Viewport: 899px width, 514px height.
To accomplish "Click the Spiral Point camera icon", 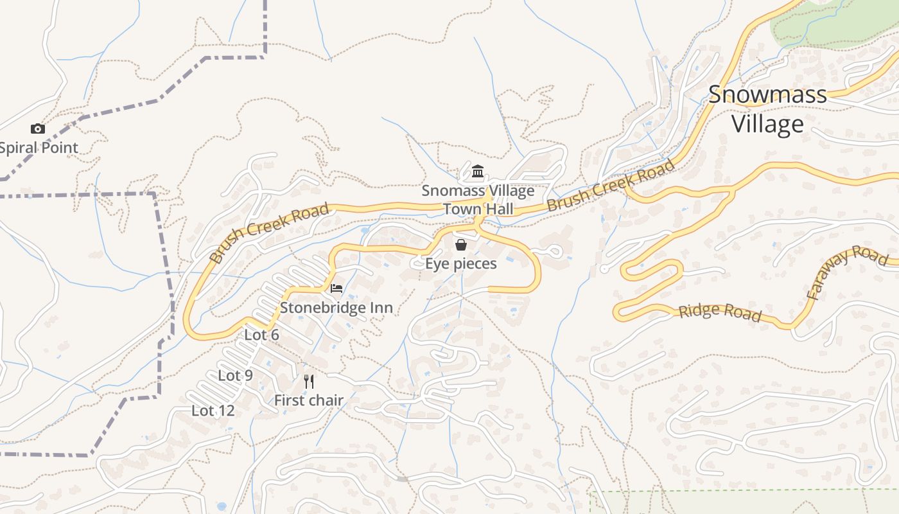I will click(x=38, y=129).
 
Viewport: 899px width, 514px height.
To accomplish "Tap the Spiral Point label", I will click(x=39, y=148).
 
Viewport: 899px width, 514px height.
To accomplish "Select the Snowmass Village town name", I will click(x=767, y=109).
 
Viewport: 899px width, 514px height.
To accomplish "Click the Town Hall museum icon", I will click(x=478, y=172).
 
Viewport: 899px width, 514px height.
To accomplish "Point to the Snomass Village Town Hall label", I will click(x=478, y=200).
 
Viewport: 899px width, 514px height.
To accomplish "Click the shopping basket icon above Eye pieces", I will click(x=460, y=245).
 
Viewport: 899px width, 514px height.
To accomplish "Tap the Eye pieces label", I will click(x=460, y=263).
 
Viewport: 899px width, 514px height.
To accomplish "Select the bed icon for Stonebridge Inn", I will click(x=336, y=288).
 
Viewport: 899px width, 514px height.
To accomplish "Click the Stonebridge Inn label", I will click(x=336, y=308).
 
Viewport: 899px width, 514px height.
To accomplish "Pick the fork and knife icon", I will click(x=309, y=382).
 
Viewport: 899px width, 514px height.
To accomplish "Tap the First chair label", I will click(x=309, y=400).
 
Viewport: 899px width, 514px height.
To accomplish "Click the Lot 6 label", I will click(x=261, y=335).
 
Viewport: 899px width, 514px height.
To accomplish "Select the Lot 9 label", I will click(x=235, y=376).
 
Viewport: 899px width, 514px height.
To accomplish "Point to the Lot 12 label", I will click(x=213, y=411).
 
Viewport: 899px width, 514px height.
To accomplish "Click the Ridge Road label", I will click(x=720, y=312).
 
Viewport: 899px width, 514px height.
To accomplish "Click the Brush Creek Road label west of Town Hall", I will click(x=270, y=233).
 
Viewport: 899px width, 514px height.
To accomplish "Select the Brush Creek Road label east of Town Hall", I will click(x=611, y=186).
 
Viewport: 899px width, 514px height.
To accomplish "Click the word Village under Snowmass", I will click(x=767, y=124).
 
